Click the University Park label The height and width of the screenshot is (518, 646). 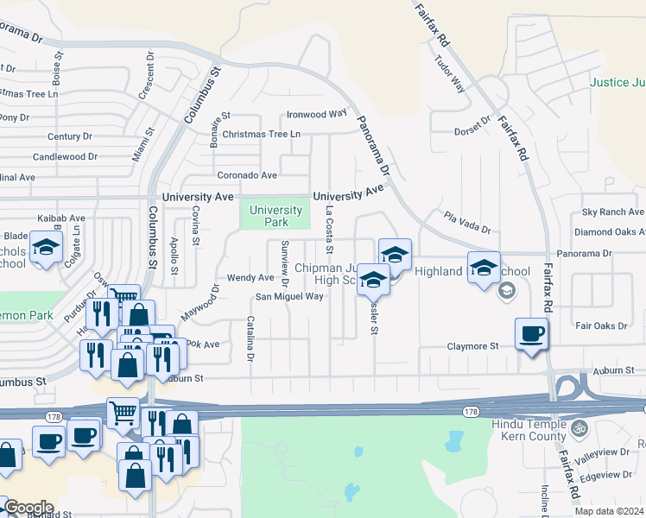pos(276,216)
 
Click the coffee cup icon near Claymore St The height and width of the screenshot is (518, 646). pos(532,334)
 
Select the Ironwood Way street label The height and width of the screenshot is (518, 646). pos(317,113)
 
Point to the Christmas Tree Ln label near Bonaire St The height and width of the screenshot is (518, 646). pos(261,134)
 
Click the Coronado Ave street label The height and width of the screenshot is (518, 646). pos(247,175)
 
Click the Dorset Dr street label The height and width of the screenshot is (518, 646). pos(472,132)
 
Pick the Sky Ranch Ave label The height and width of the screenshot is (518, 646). pos(612,212)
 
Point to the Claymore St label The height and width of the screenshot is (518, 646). pos(473,346)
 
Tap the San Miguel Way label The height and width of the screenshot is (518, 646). pos(289,296)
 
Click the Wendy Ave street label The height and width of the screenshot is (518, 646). pos(250,278)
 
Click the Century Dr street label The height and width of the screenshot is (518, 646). pos(70,136)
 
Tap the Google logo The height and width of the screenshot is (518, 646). pos(28,507)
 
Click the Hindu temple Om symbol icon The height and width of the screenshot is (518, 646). pos(579,427)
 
